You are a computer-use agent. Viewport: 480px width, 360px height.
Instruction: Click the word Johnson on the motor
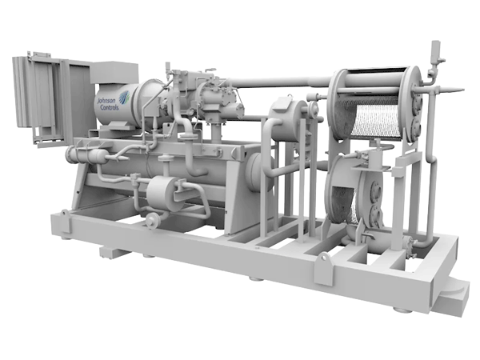[106, 101]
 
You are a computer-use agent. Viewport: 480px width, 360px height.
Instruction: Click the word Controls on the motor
[110, 107]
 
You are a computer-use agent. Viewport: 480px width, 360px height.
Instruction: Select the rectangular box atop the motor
[114, 73]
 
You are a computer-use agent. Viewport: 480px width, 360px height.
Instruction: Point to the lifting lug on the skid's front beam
[323, 270]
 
